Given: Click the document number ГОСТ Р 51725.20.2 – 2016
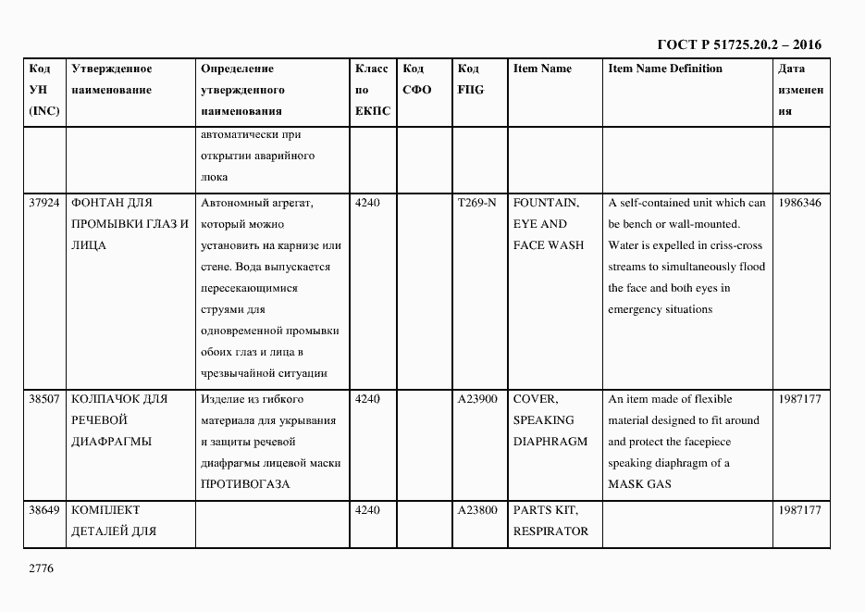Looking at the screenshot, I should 738,44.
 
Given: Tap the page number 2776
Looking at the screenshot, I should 41,568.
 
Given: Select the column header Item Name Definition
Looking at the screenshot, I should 665,69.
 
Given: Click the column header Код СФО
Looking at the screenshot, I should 417,80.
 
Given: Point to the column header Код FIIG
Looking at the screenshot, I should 470,80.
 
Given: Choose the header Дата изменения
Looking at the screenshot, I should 800,90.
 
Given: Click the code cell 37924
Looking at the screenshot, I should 44,203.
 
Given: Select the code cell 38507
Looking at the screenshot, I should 44,399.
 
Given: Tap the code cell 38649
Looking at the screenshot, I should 44,510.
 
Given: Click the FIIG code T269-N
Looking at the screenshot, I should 476,203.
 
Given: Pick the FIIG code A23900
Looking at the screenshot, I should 477,399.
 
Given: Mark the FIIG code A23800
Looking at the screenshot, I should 477,510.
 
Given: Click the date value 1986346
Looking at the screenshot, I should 800,203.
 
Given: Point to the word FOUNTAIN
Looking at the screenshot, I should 546,203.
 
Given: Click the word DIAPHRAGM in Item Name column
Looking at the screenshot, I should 550,442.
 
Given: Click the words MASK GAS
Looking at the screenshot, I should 639,484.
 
